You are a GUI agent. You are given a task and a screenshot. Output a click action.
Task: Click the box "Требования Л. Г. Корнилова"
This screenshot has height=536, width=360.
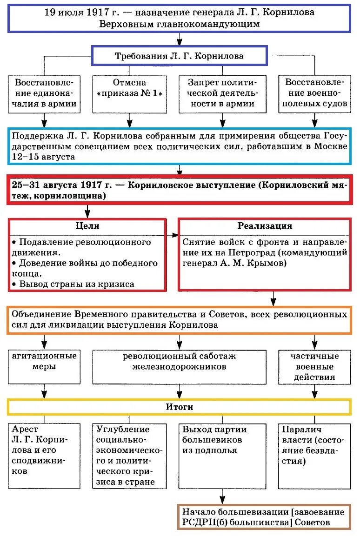click(179, 56)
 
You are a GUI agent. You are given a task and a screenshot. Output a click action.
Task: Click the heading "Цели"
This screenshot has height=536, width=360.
click(87, 226)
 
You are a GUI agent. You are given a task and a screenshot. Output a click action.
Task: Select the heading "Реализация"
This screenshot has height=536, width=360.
click(265, 226)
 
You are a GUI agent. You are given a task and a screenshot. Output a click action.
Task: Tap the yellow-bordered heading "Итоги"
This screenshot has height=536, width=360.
click(180, 407)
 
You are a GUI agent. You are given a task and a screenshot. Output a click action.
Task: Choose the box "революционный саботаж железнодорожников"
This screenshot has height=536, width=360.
click(180, 362)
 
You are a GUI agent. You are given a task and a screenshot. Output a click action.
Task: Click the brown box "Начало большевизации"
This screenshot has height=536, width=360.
click(264, 516)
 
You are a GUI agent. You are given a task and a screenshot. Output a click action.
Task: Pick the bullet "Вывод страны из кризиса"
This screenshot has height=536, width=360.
click(75, 284)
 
